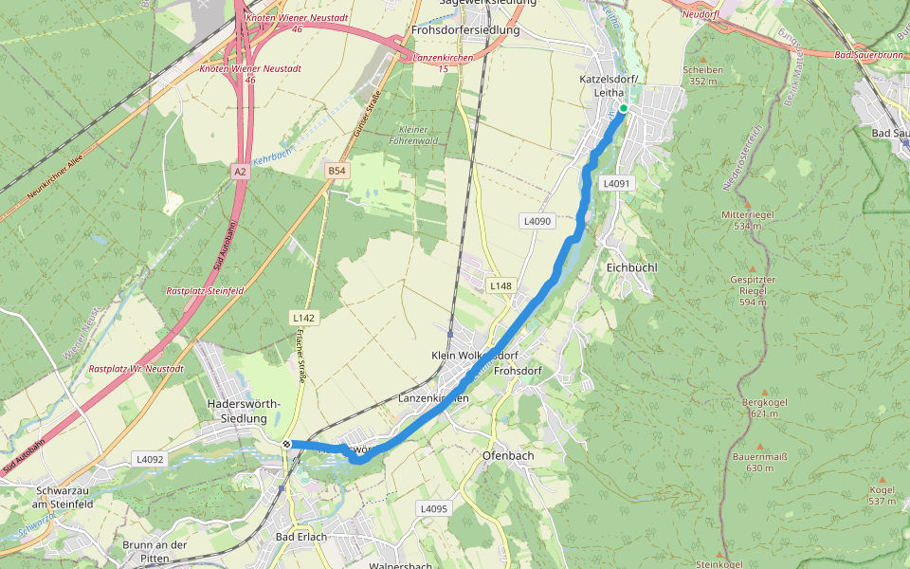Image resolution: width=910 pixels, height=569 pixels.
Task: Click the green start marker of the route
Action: [x=623, y=109]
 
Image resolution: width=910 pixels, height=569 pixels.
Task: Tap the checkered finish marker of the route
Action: [x=286, y=443]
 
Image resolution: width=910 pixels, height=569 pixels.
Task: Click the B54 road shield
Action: [x=336, y=170]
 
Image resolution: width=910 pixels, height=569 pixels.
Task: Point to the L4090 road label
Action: [x=537, y=221]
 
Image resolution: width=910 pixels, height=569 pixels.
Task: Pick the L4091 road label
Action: [x=616, y=183]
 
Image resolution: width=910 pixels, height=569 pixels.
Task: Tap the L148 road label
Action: [x=500, y=285]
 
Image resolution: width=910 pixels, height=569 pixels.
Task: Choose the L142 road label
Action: [x=303, y=317]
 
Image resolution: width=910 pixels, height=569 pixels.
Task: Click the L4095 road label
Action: [x=432, y=508]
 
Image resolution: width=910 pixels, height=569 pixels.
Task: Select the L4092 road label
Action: [x=150, y=459]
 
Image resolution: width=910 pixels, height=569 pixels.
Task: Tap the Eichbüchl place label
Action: [x=631, y=268]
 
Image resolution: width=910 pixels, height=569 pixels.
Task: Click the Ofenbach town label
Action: [x=508, y=455]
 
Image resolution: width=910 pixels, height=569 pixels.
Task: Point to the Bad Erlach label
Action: [x=300, y=537]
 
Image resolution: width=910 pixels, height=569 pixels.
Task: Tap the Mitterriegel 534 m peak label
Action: [x=748, y=220]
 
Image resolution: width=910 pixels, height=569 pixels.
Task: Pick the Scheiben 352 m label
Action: [x=702, y=75]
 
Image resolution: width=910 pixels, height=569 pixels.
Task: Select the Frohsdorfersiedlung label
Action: [x=466, y=30]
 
